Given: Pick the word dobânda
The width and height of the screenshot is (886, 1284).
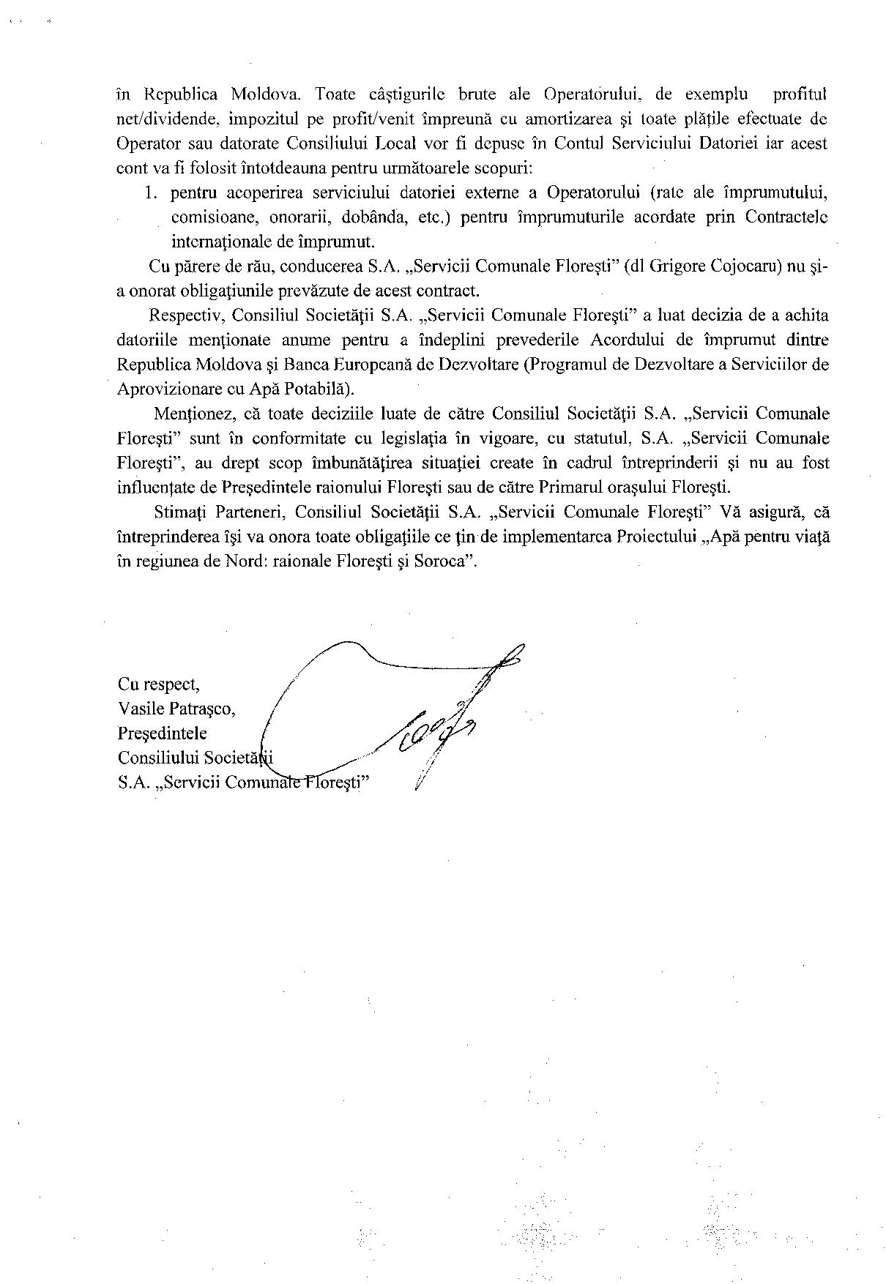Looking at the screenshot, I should point(372,217).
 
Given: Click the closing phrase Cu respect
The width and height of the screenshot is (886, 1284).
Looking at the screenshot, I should point(158,684).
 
